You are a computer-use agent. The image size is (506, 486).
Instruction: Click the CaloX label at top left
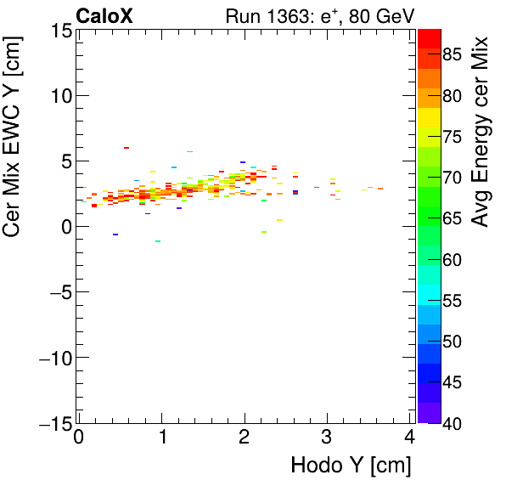(x=104, y=15)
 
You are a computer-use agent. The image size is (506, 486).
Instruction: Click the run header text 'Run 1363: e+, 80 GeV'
(x=318, y=15)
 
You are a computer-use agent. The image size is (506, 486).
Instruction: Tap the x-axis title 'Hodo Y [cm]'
(x=351, y=466)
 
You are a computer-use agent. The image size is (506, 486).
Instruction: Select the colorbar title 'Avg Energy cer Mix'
(x=481, y=132)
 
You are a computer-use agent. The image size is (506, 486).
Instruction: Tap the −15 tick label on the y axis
(x=53, y=422)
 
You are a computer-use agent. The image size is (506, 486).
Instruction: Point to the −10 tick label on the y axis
(x=53, y=357)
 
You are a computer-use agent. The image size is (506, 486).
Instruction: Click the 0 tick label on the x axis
(x=79, y=437)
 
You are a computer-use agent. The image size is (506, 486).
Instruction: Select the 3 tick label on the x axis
(x=328, y=437)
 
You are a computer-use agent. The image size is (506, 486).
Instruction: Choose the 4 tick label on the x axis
(x=410, y=437)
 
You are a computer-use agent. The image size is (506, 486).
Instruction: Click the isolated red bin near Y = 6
(x=127, y=148)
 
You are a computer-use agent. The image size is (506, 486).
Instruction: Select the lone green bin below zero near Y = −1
(x=158, y=240)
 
